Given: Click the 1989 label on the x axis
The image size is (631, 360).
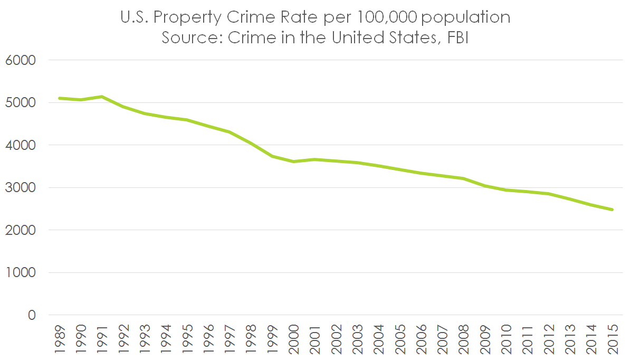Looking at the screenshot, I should click(x=60, y=338).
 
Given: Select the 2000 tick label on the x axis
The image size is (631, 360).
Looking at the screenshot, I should click(x=293, y=338).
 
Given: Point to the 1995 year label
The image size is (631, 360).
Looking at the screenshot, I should click(x=187, y=338).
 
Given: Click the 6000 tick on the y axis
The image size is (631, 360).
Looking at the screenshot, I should click(x=21, y=60).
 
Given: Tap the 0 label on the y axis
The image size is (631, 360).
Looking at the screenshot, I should click(x=31, y=315).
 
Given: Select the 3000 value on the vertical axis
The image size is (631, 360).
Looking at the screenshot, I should click(x=21, y=188).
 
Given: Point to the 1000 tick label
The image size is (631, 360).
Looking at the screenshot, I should click(x=21, y=273).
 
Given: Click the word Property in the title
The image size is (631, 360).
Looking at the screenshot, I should click(x=187, y=17).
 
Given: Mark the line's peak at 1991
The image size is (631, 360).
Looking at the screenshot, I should click(x=102, y=97).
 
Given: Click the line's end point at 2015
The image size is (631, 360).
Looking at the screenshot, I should click(x=612, y=210).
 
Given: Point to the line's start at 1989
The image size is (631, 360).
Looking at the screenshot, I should click(x=60, y=98).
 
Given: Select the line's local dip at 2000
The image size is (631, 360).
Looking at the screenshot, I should click(x=293, y=162).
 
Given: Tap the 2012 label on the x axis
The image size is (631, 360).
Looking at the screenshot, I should click(x=548, y=338).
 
